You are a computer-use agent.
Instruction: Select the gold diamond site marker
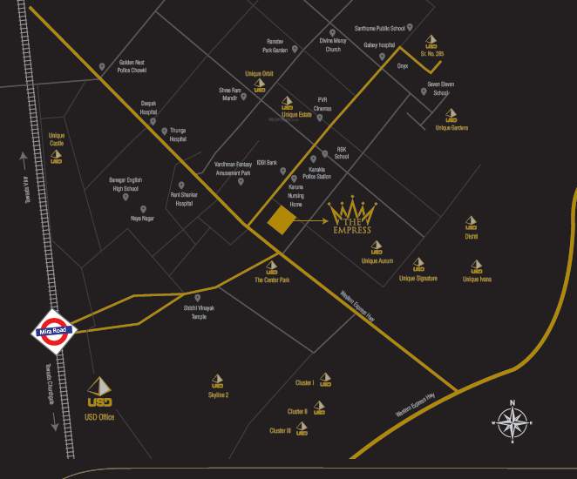pyautogui.click(x=280, y=221)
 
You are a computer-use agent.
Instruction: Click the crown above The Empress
pyautogui.click(x=351, y=211)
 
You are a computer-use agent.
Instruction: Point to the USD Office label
pyautogui.click(x=100, y=418)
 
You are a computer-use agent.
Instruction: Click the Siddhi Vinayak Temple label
pyautogui.click(x=193, y=313)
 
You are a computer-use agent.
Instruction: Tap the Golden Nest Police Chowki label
pyautogui.click(x=132, y=66)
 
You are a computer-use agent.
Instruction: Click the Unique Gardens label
pyautogui.click(x=451, y=128)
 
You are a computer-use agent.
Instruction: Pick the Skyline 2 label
pyautogui.click(x=218, y=395)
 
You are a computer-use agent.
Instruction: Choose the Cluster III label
pyautogui.click(x=280, y=430)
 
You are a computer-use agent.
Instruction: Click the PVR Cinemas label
pyautogui.click(x=323, y=104)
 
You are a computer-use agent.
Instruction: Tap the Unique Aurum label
pyautogui.click(x=377, y=260)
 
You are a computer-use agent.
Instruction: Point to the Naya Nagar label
pyautogui.click(x=142, y=219)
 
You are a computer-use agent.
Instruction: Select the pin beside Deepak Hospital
pyautogui.click(x=153, y=121)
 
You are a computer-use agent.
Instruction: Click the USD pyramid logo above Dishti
pyautogui.click(x=472, y=223)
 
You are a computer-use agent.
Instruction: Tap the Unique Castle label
pyautogui.click(x=58, y=139)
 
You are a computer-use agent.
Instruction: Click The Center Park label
pyautogui.click(x=272, y=280)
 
